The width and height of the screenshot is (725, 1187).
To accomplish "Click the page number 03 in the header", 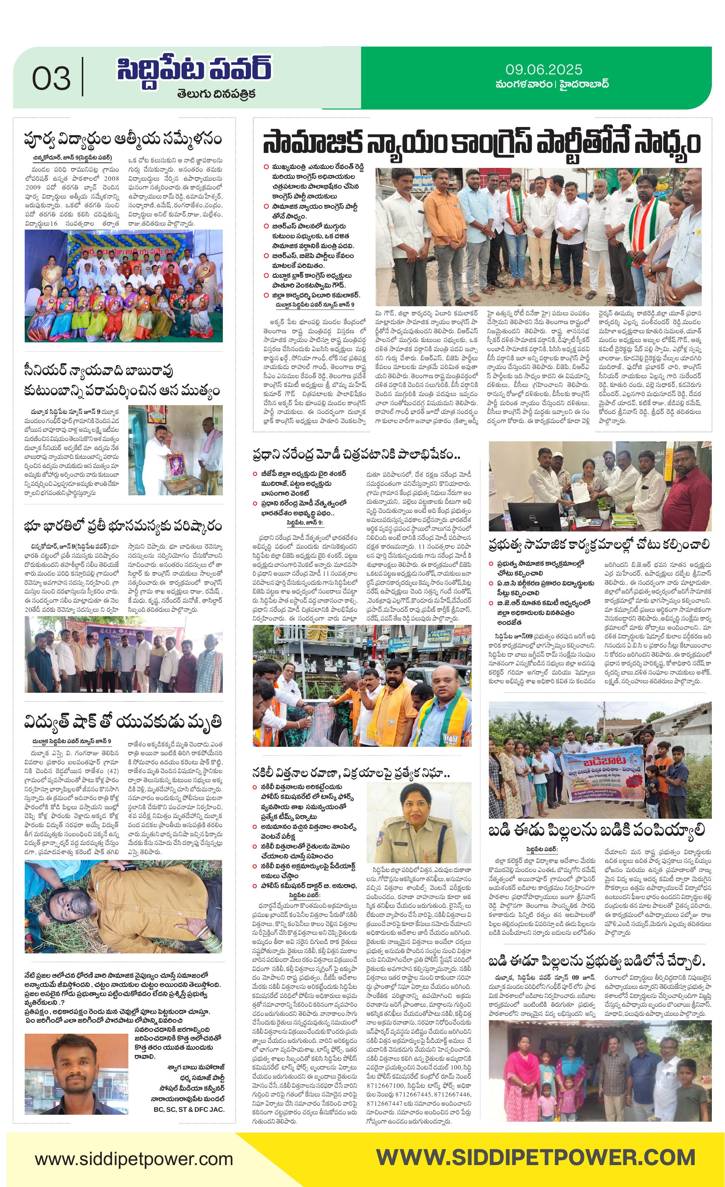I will coord(51,78).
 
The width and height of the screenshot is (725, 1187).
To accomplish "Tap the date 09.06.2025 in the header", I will coord(543,70).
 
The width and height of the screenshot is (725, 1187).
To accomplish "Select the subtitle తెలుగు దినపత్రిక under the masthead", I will coord(216,93).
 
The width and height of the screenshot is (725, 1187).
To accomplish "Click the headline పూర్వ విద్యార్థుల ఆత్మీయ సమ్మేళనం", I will coord(123,139).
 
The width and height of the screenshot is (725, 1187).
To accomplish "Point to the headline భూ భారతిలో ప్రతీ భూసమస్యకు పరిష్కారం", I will coord(123,526).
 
